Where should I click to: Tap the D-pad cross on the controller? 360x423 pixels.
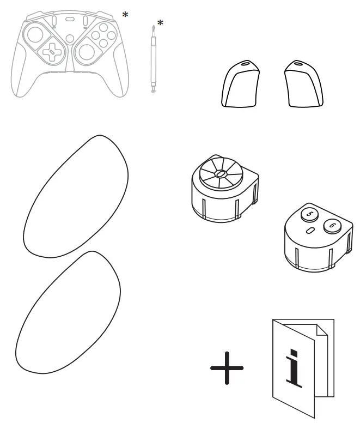(51, 53)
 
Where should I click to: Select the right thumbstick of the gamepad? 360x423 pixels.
(86, 53)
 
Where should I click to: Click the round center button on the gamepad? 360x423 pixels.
(69, 38)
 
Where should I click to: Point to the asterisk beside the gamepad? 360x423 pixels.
(125, 15)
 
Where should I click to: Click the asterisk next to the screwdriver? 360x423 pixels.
(160, 23)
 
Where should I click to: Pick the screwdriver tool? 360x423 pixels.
(153, 60)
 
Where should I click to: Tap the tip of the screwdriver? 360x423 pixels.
(153, 28)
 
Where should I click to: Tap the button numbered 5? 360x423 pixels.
(309, 214)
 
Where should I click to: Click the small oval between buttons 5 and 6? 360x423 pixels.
(310, 231)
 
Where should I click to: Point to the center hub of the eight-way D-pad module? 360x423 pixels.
(221, 174)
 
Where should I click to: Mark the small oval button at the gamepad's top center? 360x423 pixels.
(69, 19)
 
